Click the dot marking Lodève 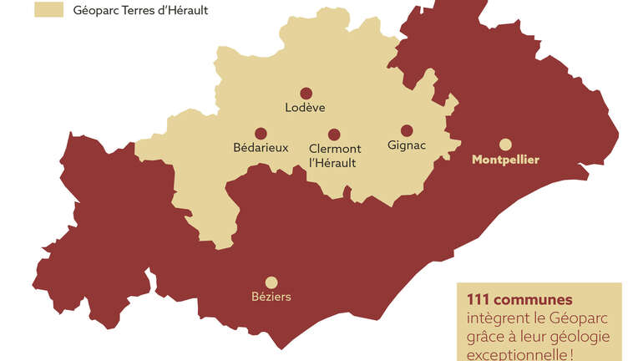pyautogui.click(x=306, y=94)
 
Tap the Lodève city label pyautogui.click(x=306, y=107)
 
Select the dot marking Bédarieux pyautogui.click(x=261, y=133)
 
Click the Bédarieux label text pyautogui.click(x=261, y=147)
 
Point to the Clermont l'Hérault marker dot pyautogui.click(x=334, y=135)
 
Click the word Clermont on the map pyautogui.click(x=334, y=148)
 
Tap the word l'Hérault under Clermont pyautogui.click(x=332, y=163)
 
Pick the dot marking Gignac pyautogui.click(x=407, y=130)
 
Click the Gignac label pyautogui.click(x=407, y=145)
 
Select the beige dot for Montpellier pyautogui.click(x=505, y=144)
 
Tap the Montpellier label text pyautogui.click(x=505, y=159)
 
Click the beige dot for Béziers pyautogui.click(x=271, y=282)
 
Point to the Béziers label pyautogui.click(x=271, y=297)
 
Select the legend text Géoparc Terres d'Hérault pyautogui.click(x=141, y=11)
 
